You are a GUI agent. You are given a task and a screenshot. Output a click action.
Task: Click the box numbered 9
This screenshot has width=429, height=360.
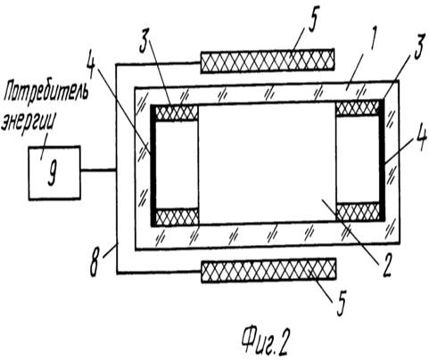click(54, 173)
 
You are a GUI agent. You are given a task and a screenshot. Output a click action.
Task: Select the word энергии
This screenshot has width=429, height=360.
click(29, 124)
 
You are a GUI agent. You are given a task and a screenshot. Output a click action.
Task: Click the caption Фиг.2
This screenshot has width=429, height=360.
click(265, 341)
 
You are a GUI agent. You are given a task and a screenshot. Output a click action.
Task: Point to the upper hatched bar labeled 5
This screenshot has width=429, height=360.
click(267, 61)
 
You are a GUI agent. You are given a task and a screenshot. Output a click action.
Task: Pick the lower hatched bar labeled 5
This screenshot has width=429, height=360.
click(268, 270)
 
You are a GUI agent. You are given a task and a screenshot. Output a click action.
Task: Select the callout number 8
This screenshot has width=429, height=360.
click(95, 265)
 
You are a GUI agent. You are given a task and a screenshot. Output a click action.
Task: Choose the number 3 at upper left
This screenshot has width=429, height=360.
click(144, 45)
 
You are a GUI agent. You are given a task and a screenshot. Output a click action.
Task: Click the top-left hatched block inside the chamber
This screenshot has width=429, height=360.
click(177, 113)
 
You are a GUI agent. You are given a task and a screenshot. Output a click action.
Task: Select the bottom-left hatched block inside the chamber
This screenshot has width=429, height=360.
click(177, 217)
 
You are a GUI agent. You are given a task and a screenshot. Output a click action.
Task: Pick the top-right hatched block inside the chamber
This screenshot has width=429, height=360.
click(358, 108)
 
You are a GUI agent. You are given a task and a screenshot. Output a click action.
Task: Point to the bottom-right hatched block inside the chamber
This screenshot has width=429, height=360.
click(358, 212)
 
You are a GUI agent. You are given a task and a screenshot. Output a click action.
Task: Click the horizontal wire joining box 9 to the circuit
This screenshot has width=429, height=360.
click(98, 170)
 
